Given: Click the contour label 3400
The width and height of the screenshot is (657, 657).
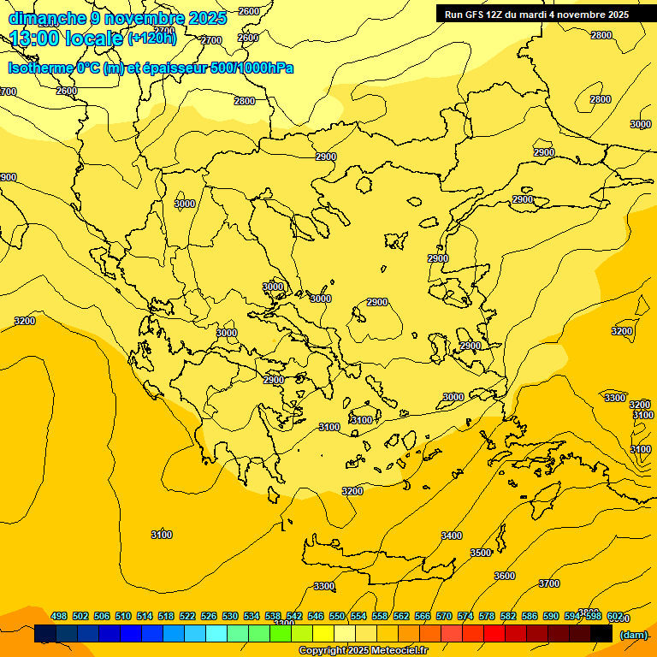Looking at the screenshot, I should [x=452, y=536].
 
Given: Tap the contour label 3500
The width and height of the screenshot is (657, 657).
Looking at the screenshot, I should [x=481, y=553].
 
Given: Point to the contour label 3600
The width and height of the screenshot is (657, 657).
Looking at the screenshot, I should [x=505, y=576].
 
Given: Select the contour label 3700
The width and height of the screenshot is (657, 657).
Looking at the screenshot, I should [x=549, y=583].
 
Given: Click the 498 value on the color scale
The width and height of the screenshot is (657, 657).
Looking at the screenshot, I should [x=59, y=617].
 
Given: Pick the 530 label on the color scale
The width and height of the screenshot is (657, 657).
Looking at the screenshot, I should [x=230, y=617].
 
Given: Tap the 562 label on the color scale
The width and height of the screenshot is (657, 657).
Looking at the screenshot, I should [x=401, y=617].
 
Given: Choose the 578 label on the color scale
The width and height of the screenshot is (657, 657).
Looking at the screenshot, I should [x=487, y=617].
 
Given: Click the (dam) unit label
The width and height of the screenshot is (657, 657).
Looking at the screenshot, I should [x=633, y=634].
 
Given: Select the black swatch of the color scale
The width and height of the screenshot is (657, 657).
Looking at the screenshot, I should [x=601, y=634].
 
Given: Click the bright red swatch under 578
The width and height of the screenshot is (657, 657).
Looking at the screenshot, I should [x=494, y=634].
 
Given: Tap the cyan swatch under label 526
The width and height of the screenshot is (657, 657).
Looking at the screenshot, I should [x=216, y=634].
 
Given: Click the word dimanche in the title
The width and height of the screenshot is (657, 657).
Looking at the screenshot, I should [x=46, y=18].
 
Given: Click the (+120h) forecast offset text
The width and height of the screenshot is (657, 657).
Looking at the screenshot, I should [x=151, y=38].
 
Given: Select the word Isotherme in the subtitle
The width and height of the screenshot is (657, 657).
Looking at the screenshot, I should [x=39, y=68].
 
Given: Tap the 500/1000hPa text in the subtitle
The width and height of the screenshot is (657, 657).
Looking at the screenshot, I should [x=252, y=68].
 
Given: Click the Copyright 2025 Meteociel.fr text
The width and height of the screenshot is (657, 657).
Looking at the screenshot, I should [x=363, y=651].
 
